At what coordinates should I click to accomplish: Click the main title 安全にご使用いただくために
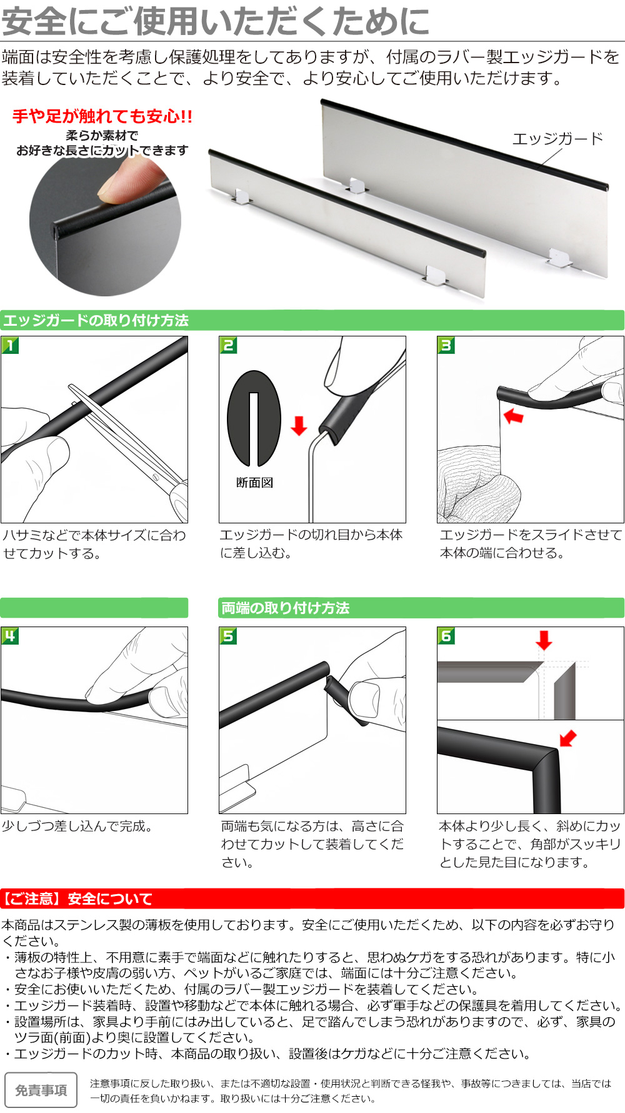point(216,21)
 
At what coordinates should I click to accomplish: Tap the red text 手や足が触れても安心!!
point(102,116)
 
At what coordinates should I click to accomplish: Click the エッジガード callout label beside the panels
point(557,139)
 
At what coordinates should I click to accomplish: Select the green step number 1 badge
point(10,345)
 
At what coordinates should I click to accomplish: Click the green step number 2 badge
point(228,345)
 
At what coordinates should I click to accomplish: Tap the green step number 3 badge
point(446,345)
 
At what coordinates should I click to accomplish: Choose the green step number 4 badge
point(10,636)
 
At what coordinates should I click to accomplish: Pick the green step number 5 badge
point(228,636)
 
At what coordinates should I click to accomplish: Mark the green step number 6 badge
point(446,636)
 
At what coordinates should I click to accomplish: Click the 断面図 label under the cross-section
point(254,483)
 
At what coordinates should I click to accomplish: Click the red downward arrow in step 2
point(299,425)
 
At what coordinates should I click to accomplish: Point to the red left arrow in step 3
point(514,416)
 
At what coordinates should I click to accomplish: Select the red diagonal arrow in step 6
point(568,738)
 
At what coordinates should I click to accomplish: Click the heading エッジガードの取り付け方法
point(96,320)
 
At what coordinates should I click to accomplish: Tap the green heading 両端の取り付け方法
point(285,608)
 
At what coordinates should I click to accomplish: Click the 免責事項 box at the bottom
point(41,1090)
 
